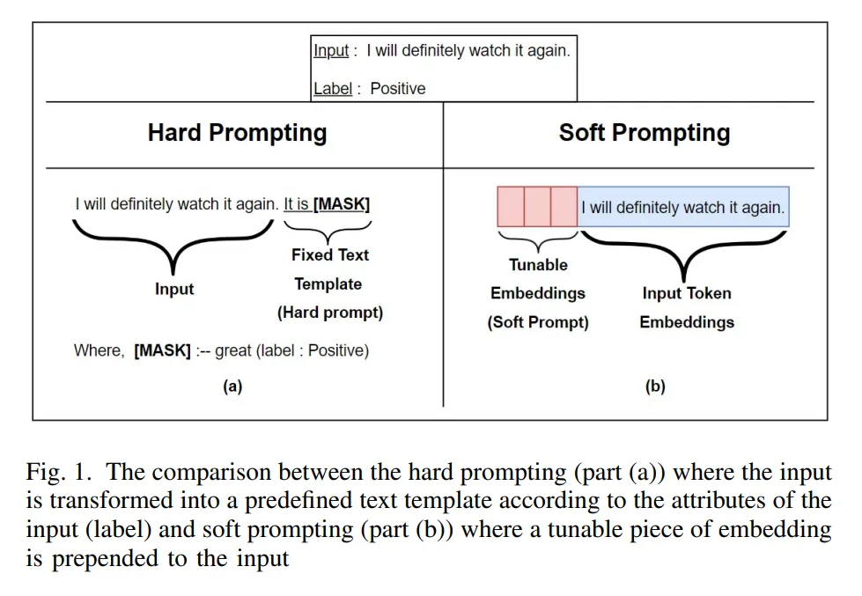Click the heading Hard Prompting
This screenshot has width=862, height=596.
(237, 133)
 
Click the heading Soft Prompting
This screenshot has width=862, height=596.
(645, 133)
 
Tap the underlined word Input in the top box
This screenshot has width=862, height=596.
(332, 51)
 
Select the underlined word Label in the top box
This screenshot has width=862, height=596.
(333, 88)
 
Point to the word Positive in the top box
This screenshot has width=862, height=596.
(397, 88)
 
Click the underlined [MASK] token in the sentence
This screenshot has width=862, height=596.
(342, 204)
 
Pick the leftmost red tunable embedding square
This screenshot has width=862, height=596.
(511, 207)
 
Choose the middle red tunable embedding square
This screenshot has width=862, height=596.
(537, 207)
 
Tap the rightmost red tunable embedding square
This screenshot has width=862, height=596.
(564, 207)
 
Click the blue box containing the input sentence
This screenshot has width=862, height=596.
(683, 208)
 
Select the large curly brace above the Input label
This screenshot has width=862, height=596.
(173, 242)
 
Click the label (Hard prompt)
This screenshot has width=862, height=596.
(330, 313)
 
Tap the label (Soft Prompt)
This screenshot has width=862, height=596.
(538, 322)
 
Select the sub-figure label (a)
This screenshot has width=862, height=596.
(232, 386)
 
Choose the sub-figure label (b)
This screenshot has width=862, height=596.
(655, 386)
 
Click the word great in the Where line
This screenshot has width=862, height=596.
(233, 350)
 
